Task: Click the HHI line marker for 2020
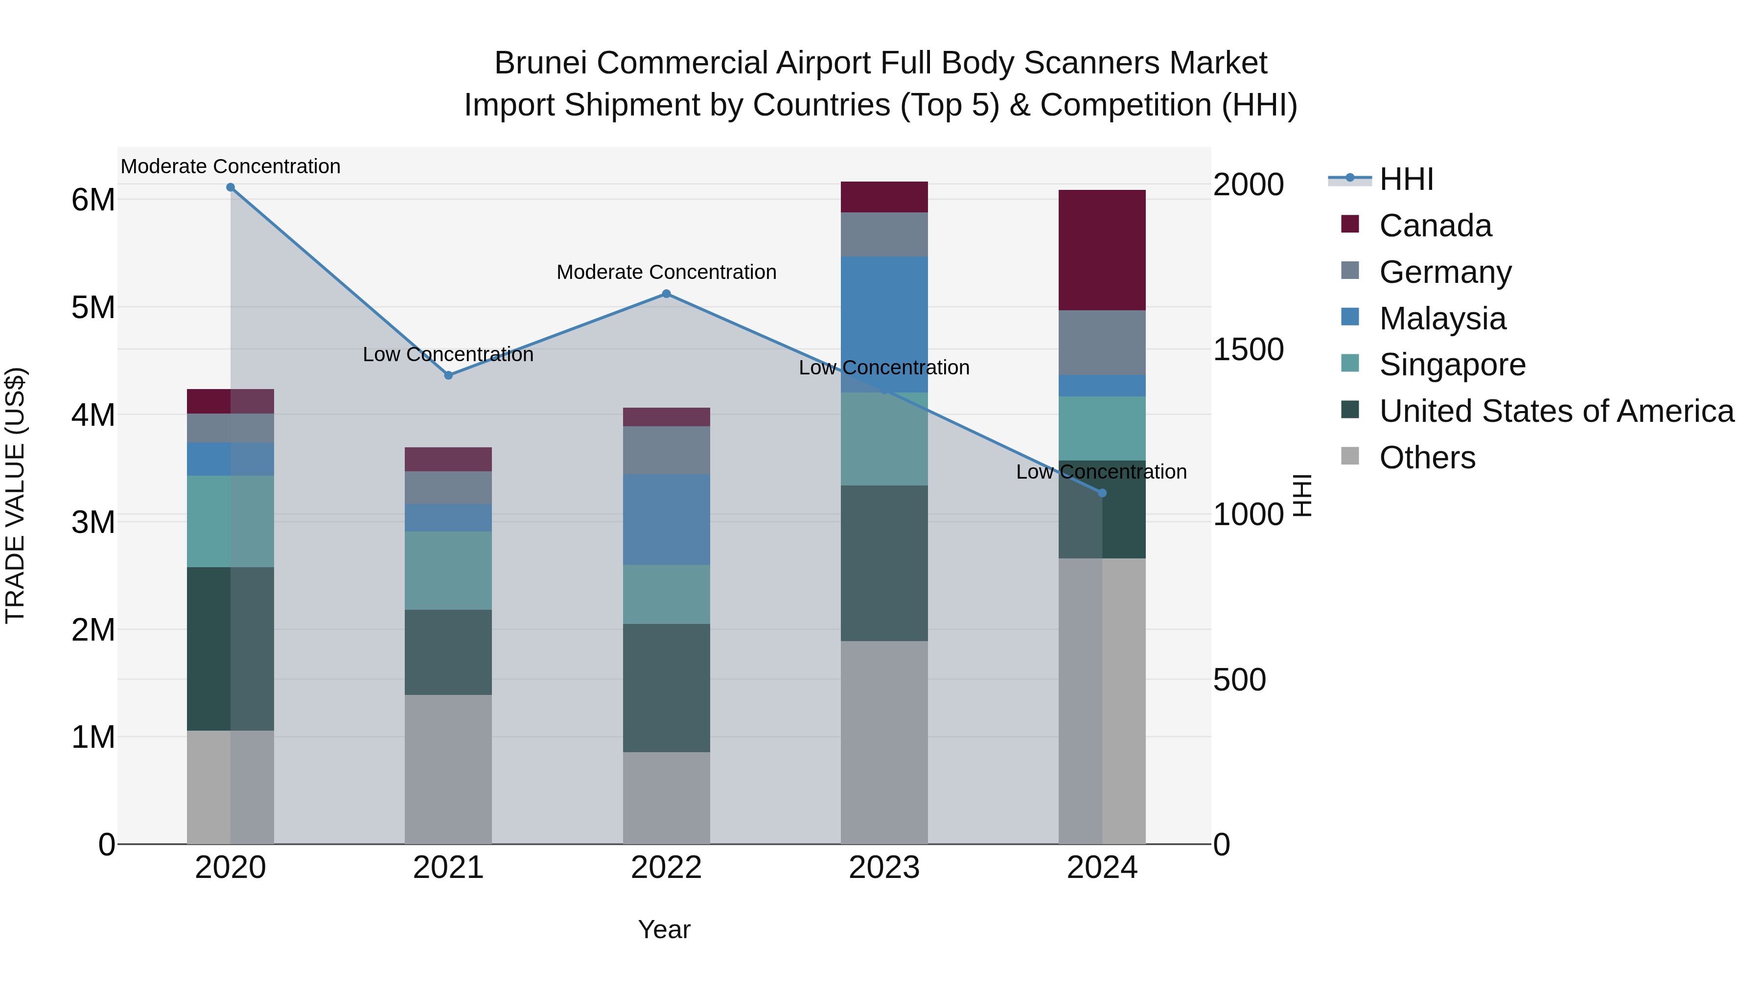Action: [x=231, y=187]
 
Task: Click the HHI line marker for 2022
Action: [x=666, y=294]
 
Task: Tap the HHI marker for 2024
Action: [x=1102, y=493]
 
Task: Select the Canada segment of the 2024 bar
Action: [x=1102, y=250]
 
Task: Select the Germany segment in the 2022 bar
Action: [x=666, y=450]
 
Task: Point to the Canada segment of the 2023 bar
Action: [x=884, y=197]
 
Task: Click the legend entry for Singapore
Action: [x=1452, y=365]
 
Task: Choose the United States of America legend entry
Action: [x=1556, y=411]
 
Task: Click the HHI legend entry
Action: [x=1406, y=179]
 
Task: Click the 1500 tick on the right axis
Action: [x=1248, y=349]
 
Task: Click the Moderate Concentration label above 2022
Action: [x=666, y=272]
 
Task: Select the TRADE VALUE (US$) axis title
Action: [x=15, y=495]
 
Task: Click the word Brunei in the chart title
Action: [x=540, y=64]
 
